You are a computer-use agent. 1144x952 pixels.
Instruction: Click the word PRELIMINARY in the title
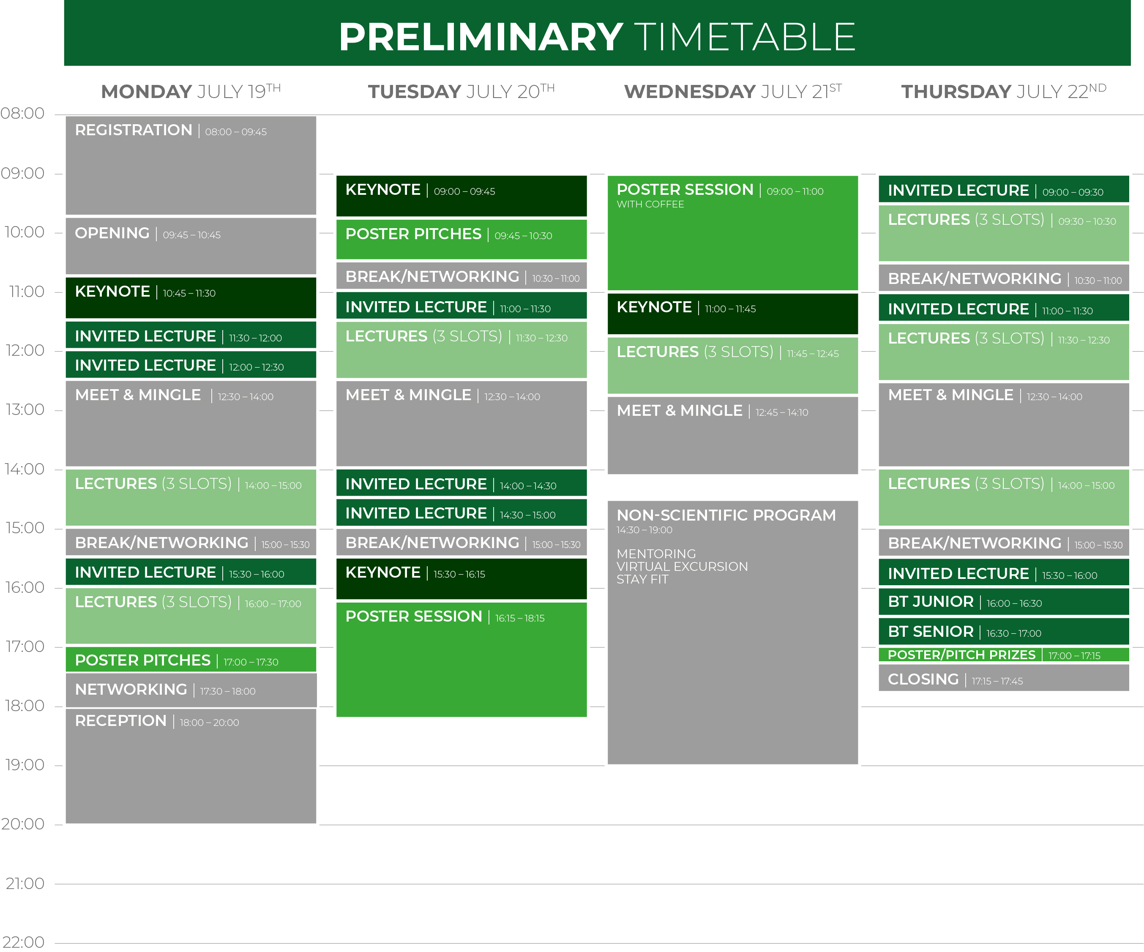click(x=481, y=37)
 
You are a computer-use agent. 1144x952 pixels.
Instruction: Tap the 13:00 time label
click(x=25, y=409)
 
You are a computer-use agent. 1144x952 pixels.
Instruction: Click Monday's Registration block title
click(x=134, y=130)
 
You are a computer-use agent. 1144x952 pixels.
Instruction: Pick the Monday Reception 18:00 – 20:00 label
click(x=157, y=721)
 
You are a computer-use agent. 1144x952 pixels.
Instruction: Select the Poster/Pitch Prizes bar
click(x=1003, y=655)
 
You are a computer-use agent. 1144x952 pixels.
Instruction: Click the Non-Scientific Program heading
click(x=726, y=515)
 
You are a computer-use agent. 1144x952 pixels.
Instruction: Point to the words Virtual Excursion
click(x=682, y=566)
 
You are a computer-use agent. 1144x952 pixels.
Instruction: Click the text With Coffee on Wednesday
click(x=650, y=204)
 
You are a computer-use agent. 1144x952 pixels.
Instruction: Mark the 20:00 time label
click(x=23, y=824)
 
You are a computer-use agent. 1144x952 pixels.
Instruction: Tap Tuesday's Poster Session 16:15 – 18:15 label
click(x=445, y=616)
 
